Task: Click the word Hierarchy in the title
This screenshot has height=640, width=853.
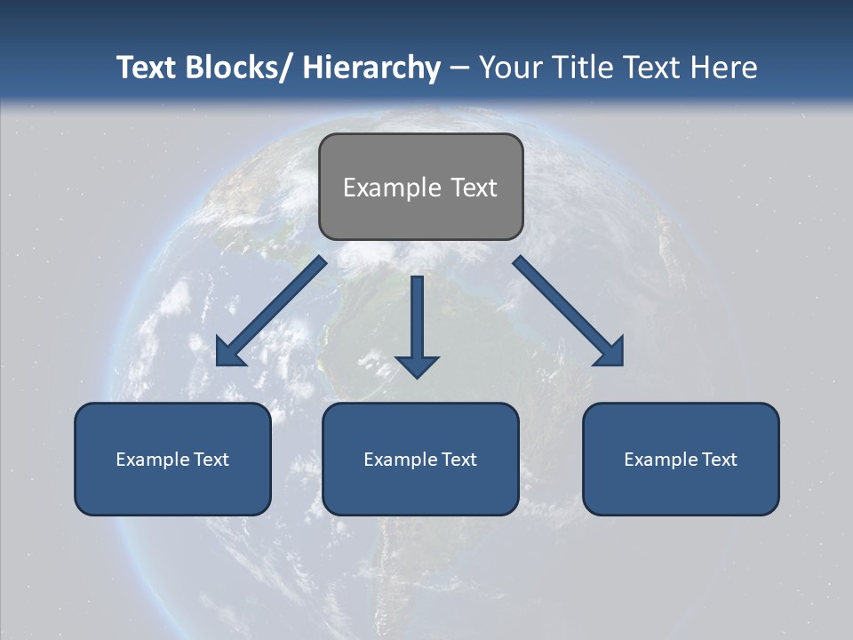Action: pos(371,68)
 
